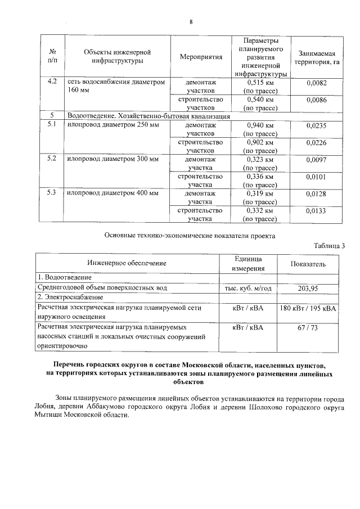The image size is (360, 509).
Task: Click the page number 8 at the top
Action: (191, 22)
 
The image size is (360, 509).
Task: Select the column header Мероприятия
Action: (201, 57)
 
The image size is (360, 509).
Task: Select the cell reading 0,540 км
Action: (260, 99)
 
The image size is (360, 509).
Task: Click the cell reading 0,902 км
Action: (260, 142)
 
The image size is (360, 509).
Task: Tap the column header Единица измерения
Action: (248, 263)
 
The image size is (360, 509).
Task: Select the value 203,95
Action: (308, 288)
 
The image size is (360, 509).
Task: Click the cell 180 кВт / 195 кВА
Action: (308, 308)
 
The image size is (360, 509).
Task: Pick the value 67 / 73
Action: (308, 326)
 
